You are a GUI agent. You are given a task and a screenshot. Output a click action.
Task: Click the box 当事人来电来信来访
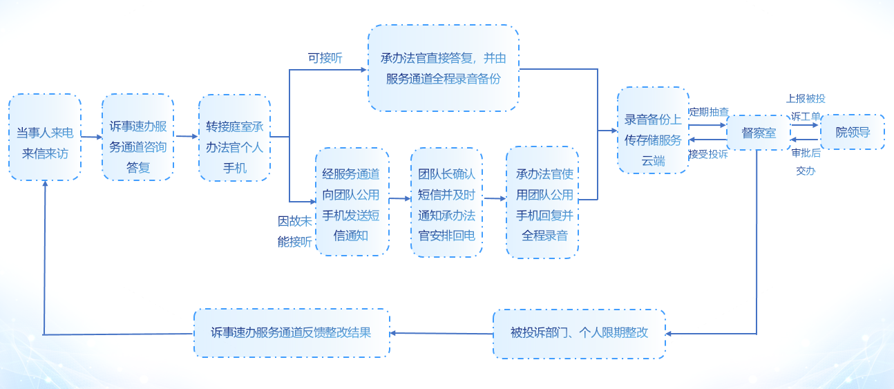[x=45, y=137]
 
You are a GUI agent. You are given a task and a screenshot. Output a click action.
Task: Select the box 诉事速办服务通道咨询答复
[x=137, y=137]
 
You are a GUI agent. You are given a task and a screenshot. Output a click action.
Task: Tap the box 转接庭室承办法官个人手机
[x=234, y=138]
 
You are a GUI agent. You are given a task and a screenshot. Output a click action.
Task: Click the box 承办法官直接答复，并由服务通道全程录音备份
[x=443, y=68]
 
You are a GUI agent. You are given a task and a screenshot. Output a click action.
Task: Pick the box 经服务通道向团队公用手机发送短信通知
[x=352, y=202]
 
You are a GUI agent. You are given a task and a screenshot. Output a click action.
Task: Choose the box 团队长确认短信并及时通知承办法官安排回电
[x=446, y=202]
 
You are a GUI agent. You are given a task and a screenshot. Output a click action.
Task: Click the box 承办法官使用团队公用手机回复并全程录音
[x=542, y=202]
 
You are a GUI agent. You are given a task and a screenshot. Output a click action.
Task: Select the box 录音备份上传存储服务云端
[x=653, y=130]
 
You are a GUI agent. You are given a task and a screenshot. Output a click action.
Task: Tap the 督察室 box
[x=759, y=133]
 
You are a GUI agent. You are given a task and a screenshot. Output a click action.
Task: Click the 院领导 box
[x=853, y=132]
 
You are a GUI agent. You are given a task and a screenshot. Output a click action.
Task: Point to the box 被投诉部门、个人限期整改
[x=579, y=334]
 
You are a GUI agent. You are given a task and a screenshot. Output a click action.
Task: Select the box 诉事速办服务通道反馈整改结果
[x=292, y=333]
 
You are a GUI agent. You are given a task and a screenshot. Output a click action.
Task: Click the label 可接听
[x=325, y=58]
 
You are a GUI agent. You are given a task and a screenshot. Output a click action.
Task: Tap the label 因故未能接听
[x=294, y=231]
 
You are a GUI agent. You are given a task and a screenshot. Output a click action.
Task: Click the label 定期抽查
[x=709, y=111]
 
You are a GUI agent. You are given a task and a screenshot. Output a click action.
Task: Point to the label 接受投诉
[x=709, y=154]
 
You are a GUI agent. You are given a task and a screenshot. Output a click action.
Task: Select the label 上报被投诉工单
[x=806, y=108]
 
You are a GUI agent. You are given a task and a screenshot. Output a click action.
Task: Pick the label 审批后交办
[x=806, y=162]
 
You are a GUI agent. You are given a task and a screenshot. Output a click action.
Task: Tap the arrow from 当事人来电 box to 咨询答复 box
[x=91, y=137]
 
